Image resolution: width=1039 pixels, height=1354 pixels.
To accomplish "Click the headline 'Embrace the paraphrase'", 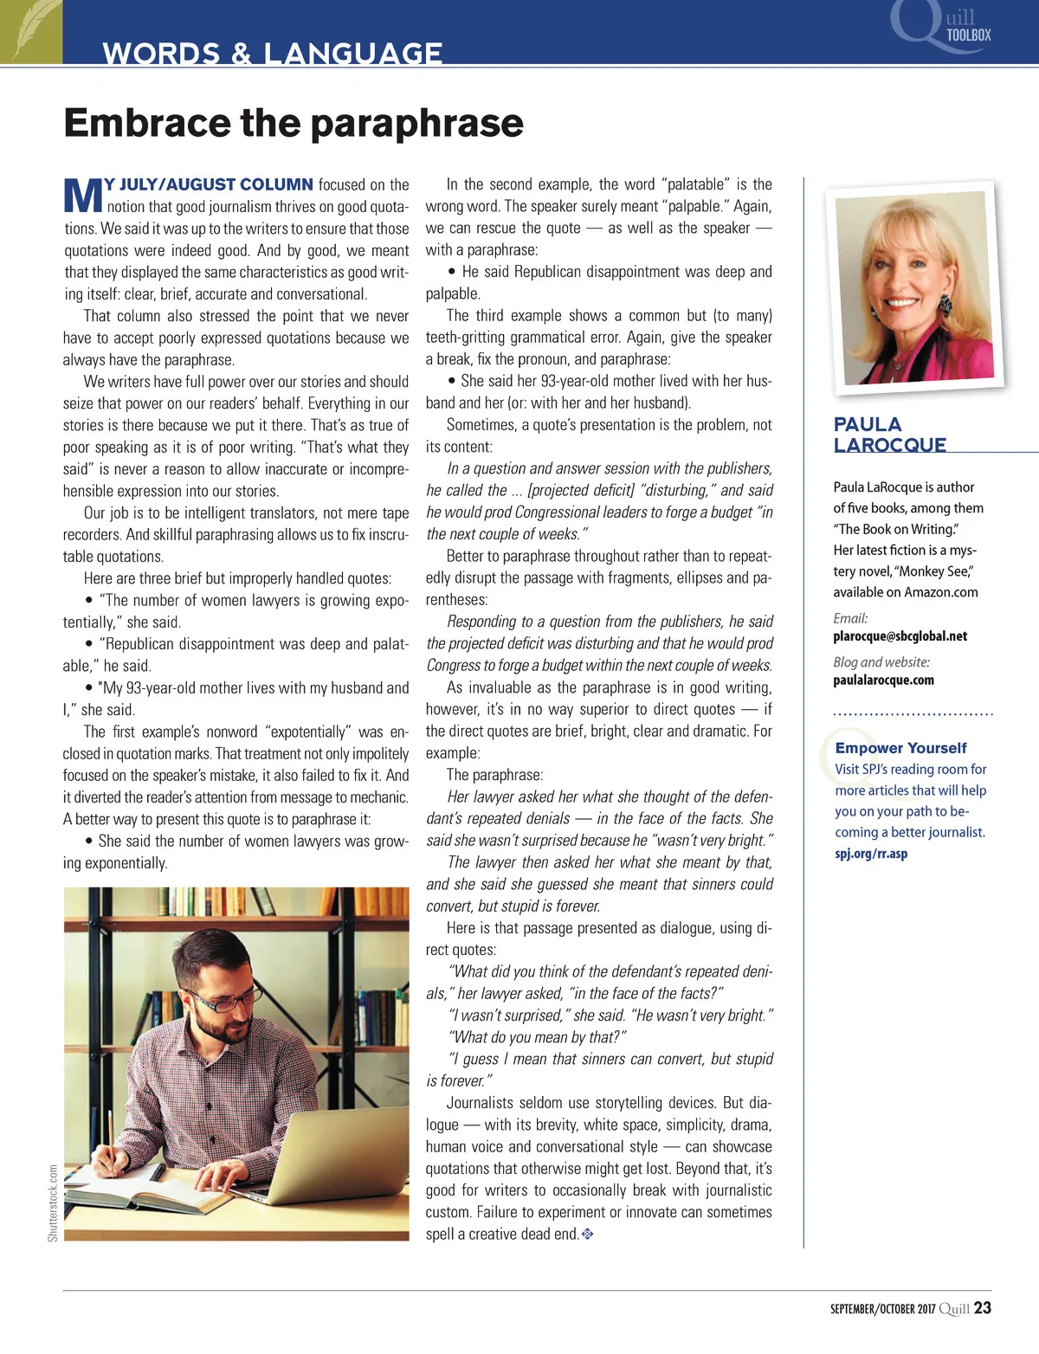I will [294, 123].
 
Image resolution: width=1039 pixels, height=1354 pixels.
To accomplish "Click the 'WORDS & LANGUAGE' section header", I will [272, 53].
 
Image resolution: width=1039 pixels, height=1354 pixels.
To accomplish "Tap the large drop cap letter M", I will [83, 196].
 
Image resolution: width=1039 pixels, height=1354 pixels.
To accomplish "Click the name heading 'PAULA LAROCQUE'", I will [889, 435].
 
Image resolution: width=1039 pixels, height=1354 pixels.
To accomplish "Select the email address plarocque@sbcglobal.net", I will [900, 636].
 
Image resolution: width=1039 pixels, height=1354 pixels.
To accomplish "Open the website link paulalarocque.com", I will [883, 680].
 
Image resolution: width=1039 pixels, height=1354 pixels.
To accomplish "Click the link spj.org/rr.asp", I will [871, 854].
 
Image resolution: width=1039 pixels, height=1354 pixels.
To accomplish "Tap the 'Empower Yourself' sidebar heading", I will [900, 748].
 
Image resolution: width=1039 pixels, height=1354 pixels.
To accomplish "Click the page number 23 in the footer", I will [982, 1308].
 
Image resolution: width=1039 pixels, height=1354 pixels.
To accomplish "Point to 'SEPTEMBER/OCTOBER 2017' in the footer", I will [882, 1309].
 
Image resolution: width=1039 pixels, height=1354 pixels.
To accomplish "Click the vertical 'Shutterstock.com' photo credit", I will [53, 1202].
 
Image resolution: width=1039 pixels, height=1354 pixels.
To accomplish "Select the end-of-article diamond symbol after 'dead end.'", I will [587, 1234].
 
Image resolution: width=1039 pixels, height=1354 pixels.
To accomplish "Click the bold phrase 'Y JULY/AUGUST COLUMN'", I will [209, 184].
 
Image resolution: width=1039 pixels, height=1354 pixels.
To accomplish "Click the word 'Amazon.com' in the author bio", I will [941, 592].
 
